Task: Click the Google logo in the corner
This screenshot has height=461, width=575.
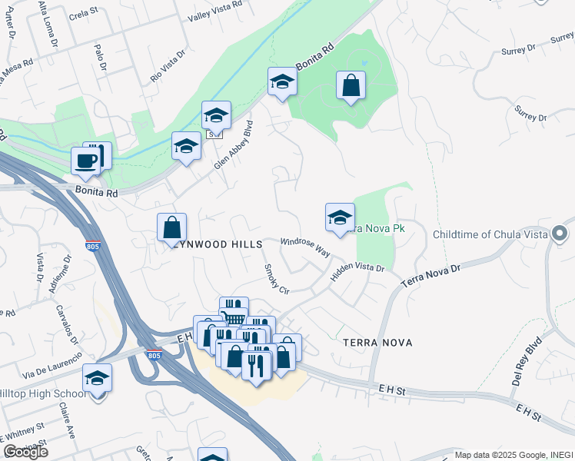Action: tap(25, 452)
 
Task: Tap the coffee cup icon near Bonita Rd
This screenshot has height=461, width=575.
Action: tap(85, 161)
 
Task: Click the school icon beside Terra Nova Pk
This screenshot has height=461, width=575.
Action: tap(340, 217)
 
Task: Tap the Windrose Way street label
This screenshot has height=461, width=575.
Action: tap(304, 247)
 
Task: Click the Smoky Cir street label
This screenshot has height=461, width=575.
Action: tap(275, 280)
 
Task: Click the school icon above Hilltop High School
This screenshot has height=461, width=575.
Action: tap(97, 379)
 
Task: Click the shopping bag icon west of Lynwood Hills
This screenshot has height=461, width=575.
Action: tap(171, 228)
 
